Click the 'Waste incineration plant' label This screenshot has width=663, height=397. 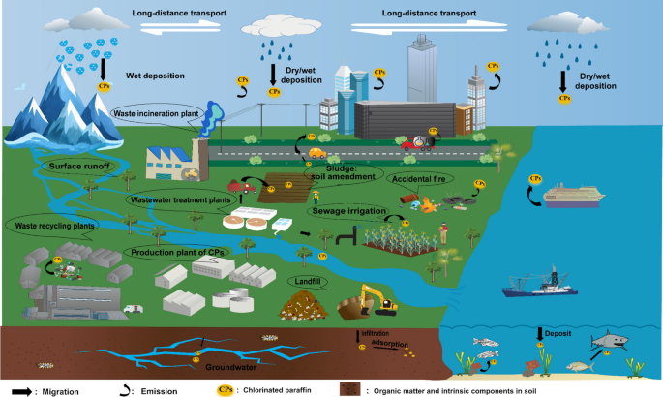(x=160, y=113)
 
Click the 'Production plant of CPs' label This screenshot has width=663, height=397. (x=168, y=252)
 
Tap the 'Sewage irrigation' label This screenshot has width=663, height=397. (x=348, y=210)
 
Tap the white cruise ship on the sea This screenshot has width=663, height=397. (x=575, y=193)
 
